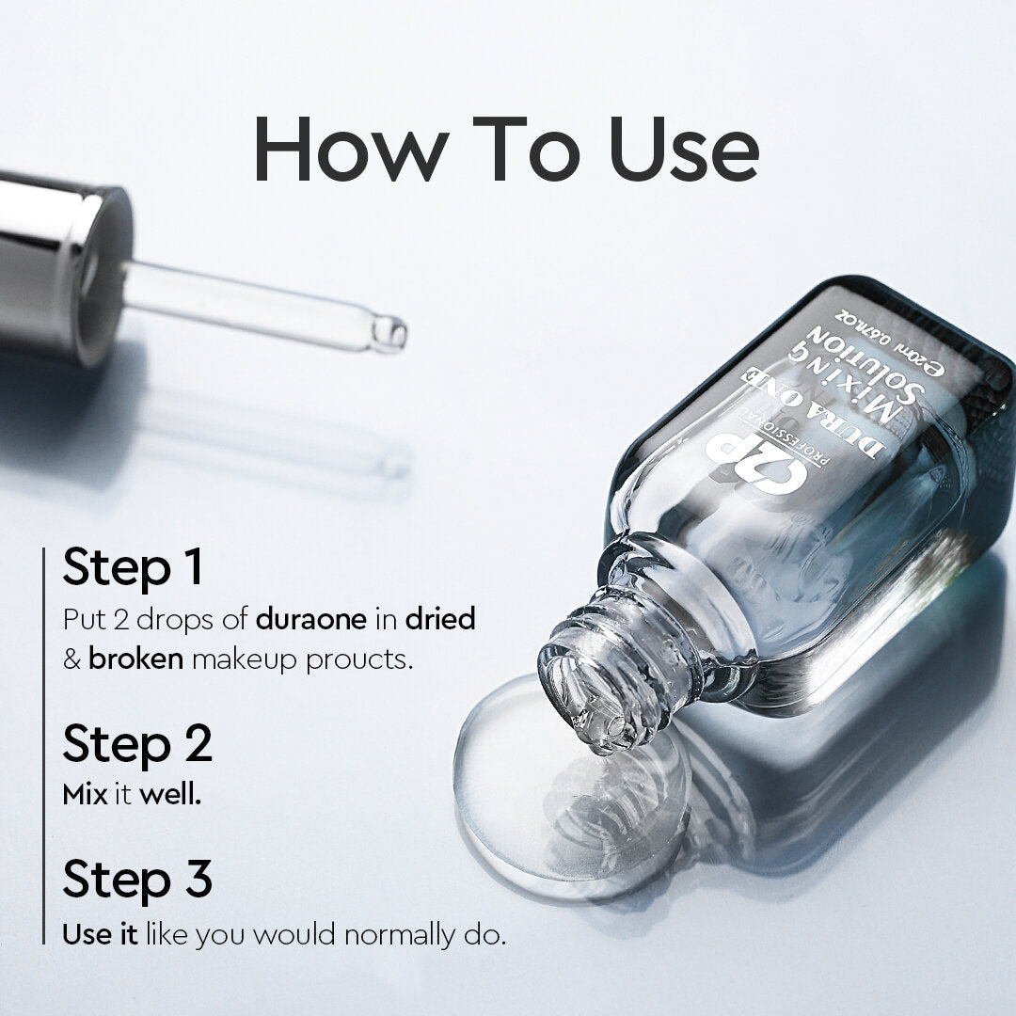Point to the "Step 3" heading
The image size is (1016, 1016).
pos(137,880)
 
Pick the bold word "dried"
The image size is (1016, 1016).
pos(440,619)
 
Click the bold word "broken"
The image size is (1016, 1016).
pos(136,659)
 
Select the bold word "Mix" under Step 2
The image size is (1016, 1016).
pos(86,794)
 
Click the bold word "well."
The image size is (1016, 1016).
pos(171,794)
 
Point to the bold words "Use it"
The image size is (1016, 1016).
pos(100,935)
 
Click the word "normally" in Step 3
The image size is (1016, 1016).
pos(402,937)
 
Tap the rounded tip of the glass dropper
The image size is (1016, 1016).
pos(389,333)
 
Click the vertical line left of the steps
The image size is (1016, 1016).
pos(44,743)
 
